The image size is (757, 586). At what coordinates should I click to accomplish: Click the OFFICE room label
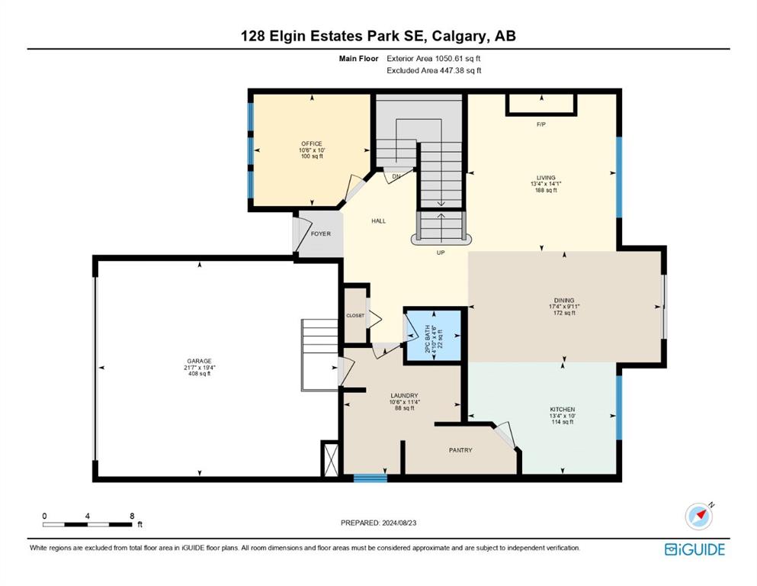click(x=311, y=143)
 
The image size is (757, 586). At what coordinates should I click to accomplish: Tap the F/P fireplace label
click(x=541, y=124)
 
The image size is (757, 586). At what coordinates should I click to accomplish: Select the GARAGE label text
click(x=200, y=361)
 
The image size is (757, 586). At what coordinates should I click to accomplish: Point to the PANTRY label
click(x=460, y=450)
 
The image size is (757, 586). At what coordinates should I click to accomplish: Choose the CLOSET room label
click(x=355, y=315)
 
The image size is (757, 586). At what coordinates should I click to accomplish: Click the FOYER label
click(x=321, y=233)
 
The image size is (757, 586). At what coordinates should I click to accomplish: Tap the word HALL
click(x=378, y=221)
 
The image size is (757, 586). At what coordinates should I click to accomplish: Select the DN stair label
click(x=396, y=176)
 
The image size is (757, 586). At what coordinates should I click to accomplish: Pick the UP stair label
click(x=441, y=253)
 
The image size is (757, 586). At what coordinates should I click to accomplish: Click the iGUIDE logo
click(x=694, y=550)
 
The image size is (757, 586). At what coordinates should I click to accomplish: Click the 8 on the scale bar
click(x=132, y=516)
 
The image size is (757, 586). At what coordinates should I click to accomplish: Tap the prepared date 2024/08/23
click(x=399, y=523)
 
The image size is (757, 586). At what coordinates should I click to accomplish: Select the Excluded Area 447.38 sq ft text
click(x=434, y=70)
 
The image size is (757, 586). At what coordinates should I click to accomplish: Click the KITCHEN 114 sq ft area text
click(x=563, y=422)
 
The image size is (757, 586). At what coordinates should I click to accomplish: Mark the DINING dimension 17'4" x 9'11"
click(x=564, y=306)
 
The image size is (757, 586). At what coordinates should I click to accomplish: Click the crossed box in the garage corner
click(x=331, y=459)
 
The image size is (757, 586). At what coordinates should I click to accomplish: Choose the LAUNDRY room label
click(x=404, y=395)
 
